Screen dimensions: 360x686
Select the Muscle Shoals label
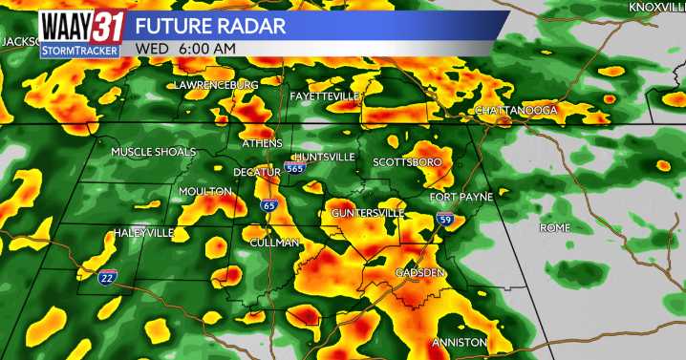(153, 152)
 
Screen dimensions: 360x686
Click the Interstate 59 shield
(445, 219)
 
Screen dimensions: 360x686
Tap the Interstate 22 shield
(108, 277)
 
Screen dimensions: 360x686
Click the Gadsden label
(419, 273)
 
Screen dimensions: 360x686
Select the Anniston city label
(460, 342)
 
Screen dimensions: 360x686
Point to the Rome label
(554, 227)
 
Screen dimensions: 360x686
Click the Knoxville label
(656, 8)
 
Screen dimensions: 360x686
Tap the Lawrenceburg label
(216, 85)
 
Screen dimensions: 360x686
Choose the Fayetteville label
(325, 97)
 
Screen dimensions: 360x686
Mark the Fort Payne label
(461, 197)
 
